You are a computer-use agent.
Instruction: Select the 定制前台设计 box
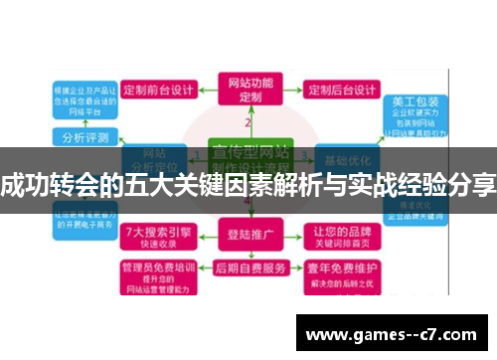155,89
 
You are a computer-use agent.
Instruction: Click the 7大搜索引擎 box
156,236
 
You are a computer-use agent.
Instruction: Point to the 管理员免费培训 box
156,272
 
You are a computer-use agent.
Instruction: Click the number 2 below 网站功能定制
248,122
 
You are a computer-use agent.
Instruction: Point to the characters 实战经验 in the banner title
394,184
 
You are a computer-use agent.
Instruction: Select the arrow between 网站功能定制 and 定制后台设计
292,89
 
